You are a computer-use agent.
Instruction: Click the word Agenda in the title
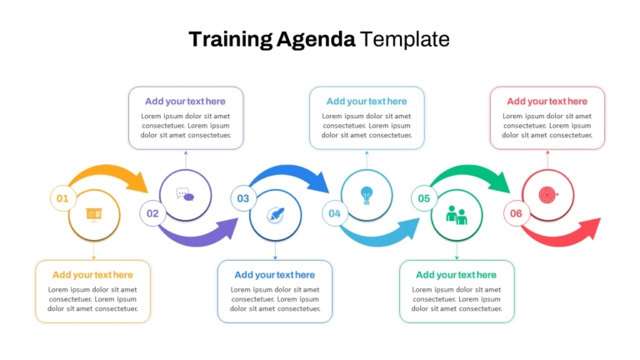pyautogui.click(x=316, y=40)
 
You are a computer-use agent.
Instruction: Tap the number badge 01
pyautogui.click(x=62, y=198)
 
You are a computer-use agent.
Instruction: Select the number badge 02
pyautogui.click(x=152, y=213)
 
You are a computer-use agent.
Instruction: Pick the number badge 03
pyautogui.click(x=243, y=198)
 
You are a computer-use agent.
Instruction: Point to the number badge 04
pyautogui.click(x=335, y=213)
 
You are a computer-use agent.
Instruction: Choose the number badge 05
pyautogui.click(x=424, y=198)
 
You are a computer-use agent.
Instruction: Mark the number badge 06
pyautogui.click(x=516, y=213)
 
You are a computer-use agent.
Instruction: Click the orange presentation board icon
pyautogui.click(x=94, y=215)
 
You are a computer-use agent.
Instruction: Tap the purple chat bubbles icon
pyautogui.click(x=185, y=195)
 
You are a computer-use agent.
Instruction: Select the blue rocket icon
pyautogui.click(x=276, y=215)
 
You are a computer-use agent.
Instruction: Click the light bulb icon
pyautogui.click(x=367, y=195)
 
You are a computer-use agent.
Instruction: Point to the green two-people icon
pyautogui.click(x=457, y=215)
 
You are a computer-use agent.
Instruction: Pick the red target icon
pyautogui.click(x=547, y=195)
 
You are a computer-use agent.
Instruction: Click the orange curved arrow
pyautogui.click(x=108, y=169)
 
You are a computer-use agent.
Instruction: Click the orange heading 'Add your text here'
pyautogui.click(x=92, y=275)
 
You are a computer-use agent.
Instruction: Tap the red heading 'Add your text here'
pyautogui.click(x=547, y=101)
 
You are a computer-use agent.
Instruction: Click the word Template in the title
pyautogui.click(x=404, y=40)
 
